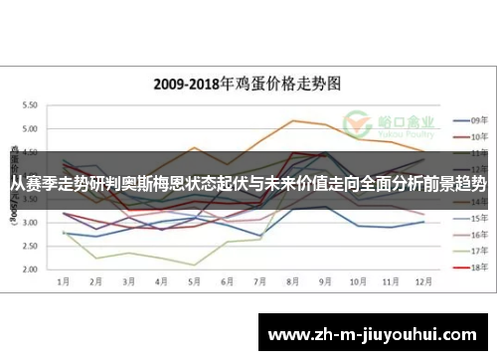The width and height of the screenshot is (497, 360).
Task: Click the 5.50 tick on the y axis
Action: pyautogui.click(x=29, y=105)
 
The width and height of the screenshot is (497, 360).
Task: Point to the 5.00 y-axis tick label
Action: pyautogui.click(x=29, y=129)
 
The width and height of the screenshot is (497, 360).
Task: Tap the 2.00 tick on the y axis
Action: pyautogui.click(x=29, y=270)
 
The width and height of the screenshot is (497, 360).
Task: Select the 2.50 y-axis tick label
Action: pyautogui.click(x=29, y=246)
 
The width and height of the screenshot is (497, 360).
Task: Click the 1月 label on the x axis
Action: pyautogui.click(x=64, y=282)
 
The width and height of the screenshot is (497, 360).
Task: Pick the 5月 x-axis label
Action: pyautogui.click(x=195, y=282)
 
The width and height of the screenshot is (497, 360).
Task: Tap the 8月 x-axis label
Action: pyautogui.click(x=293, y=282)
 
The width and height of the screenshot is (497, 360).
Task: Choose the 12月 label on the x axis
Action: pyautogui.click(x=424, y=282)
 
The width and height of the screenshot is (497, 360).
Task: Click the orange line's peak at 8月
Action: pyautogui.click(x=293, y=120)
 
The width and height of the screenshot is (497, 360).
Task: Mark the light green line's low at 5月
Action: pyautogui.click(x=195, y=265)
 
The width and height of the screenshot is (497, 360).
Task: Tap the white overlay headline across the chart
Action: pyautogui.click(x=248, y=185)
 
